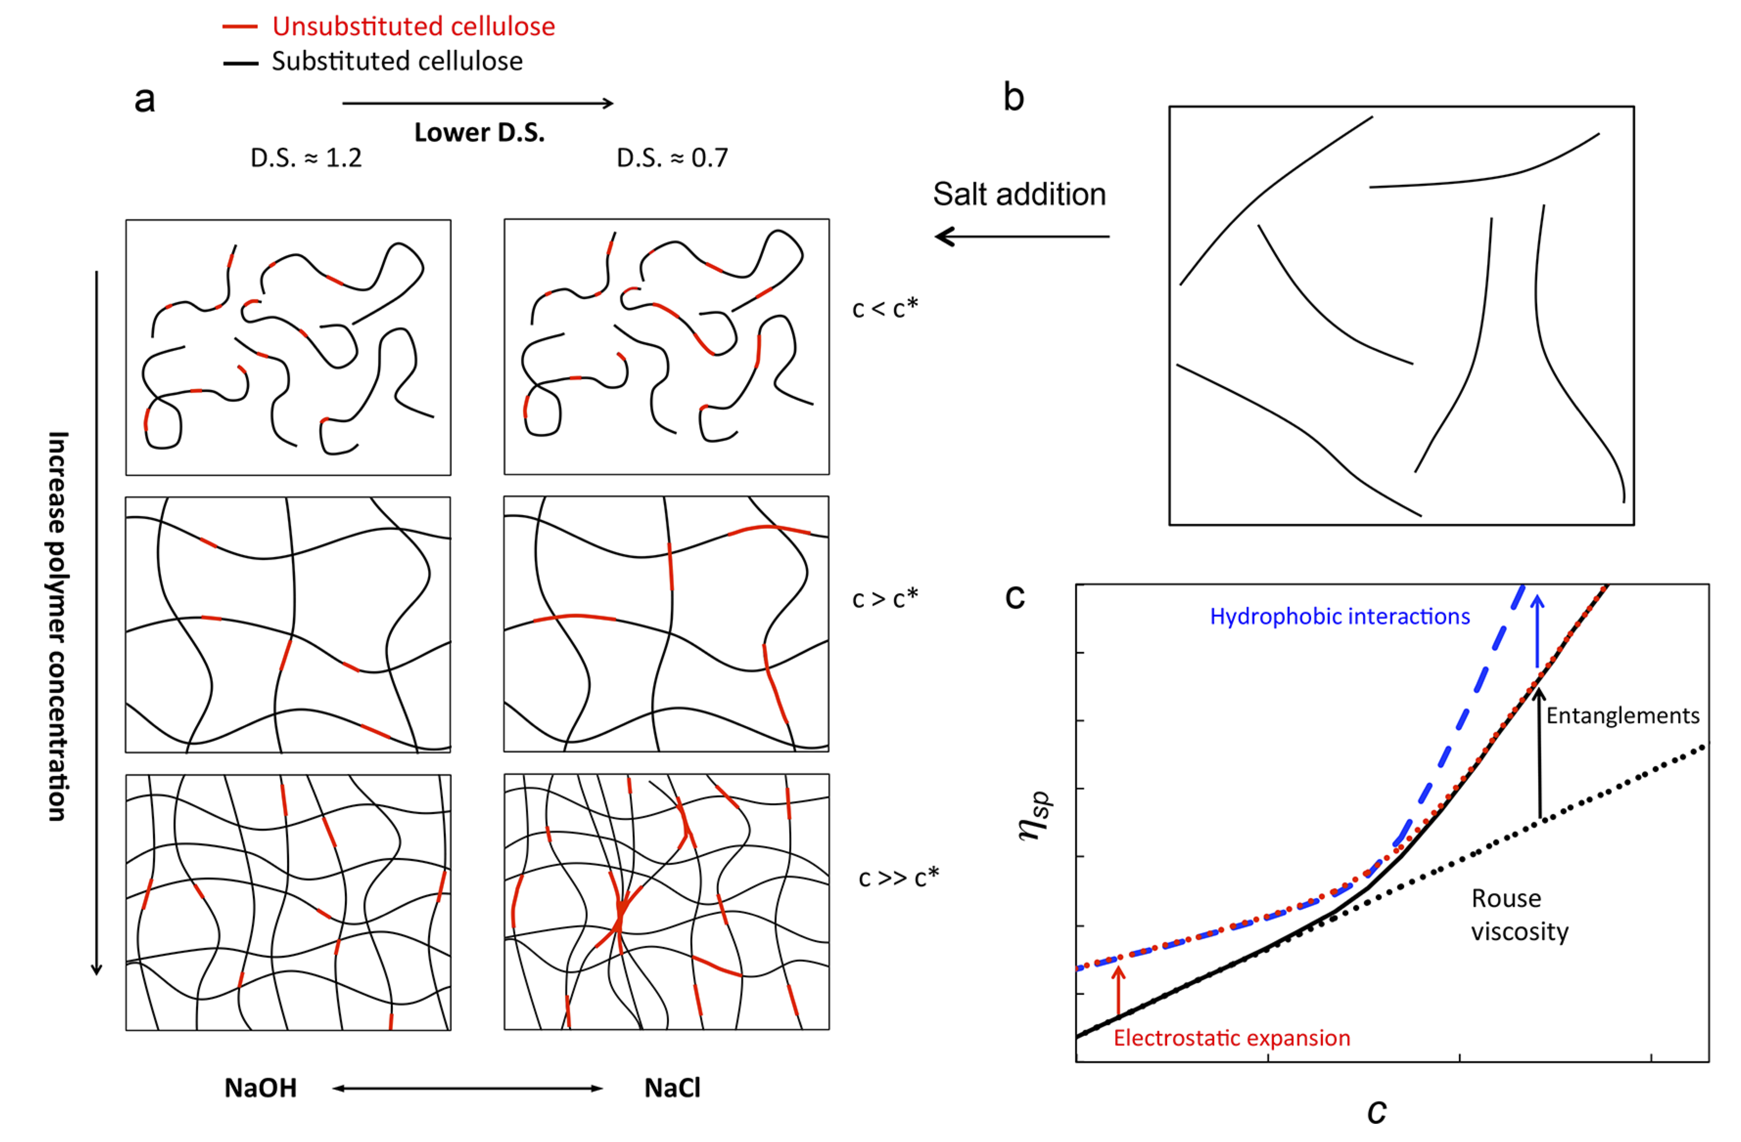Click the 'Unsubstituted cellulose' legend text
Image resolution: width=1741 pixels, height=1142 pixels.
[x=413, y=26]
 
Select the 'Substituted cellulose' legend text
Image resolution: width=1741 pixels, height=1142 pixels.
[x=397, y=61]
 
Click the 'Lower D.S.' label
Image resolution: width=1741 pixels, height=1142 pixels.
[x=479, y=132]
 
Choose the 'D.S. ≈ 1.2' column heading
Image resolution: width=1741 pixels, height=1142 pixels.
[x=306, y=158]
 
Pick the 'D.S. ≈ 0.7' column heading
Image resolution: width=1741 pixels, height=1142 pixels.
[x=672, y=158]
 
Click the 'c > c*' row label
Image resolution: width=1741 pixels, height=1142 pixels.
[x=884, y=598]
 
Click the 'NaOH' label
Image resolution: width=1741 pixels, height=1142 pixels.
[x=260, y=1088]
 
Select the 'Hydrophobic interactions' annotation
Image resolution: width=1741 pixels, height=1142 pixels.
[x=1340, y=617]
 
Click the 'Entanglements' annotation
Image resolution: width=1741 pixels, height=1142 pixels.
[x=1623, y=715]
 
